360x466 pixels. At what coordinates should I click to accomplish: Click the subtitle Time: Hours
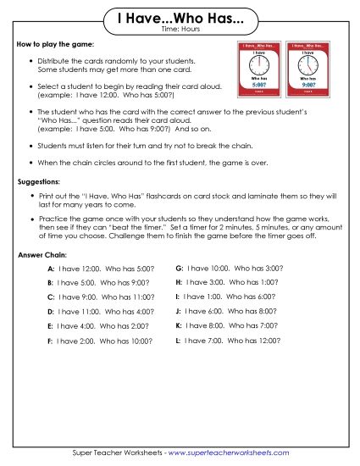[179, 30]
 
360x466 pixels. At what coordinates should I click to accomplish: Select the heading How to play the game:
[55, 43]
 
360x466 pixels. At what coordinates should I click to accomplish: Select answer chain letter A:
[51, 269]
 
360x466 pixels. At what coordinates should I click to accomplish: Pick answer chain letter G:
[179, 267]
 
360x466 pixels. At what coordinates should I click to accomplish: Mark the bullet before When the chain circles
[32, 161]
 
